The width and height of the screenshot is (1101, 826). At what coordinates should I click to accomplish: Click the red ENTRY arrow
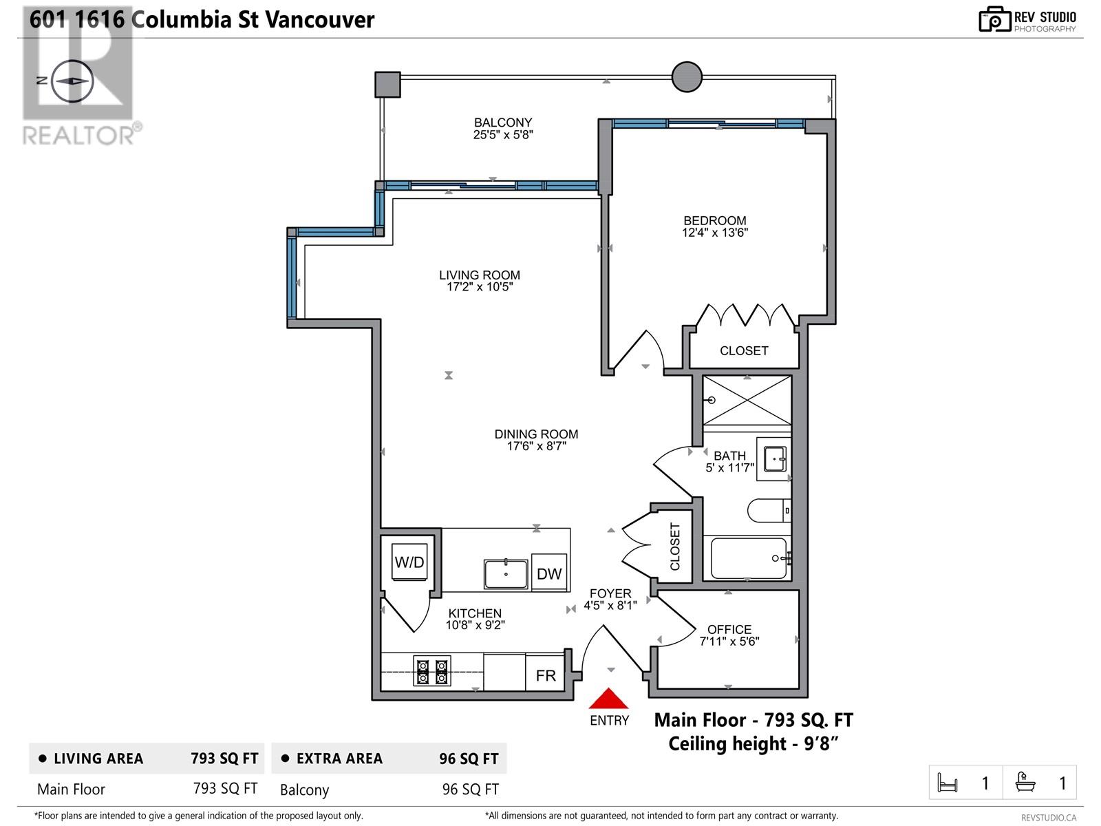[608, 699]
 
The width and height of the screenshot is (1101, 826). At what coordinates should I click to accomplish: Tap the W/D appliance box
[409, 562]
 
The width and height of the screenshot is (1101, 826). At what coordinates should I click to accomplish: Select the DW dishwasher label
[549, 573]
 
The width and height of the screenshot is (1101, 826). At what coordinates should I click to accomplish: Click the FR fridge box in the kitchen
[546, 675]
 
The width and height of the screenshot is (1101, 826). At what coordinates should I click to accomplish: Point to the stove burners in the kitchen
[432, 671]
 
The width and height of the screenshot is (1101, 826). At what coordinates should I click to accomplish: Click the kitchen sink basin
[506, 574]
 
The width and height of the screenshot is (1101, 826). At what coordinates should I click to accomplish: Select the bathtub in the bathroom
[749, 558]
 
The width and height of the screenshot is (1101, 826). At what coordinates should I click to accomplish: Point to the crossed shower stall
[747, 401]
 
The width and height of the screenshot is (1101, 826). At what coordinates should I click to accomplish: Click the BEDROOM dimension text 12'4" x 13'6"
[715, 233]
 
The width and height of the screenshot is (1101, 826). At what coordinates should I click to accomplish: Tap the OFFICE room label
[729, 629]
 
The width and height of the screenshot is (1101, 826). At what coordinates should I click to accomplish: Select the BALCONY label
[503, 123]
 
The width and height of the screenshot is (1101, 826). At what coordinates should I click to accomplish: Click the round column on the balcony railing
[687, 76]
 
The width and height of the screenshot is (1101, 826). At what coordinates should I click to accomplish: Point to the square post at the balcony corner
[387, 85]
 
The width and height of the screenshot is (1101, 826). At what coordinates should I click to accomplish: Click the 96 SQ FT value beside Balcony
[470, 790]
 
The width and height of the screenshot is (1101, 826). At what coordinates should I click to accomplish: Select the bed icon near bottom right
[948, 783]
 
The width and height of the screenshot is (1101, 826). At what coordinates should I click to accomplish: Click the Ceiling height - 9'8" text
[753, 744]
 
